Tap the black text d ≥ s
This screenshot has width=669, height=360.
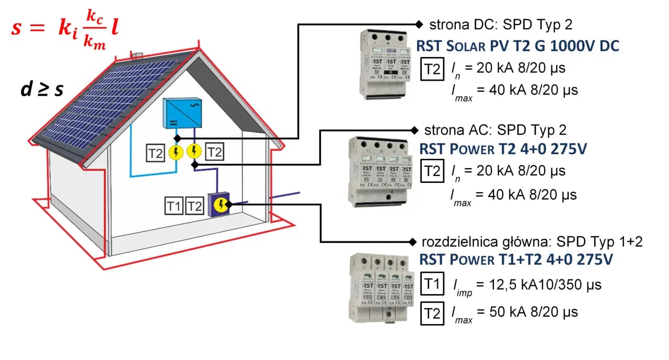[42, 90]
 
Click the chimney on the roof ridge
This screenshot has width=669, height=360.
[137, 55]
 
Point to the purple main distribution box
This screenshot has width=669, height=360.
[219, 204]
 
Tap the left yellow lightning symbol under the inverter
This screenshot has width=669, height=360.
[176, 152]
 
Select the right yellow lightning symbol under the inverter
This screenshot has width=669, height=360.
[194, 152]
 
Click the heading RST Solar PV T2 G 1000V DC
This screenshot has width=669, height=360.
[517, 46]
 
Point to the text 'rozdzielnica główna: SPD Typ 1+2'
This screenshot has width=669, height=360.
[531, 241]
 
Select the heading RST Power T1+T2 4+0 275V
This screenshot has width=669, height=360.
[516, 260]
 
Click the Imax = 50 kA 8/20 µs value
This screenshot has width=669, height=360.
[515, 313]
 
